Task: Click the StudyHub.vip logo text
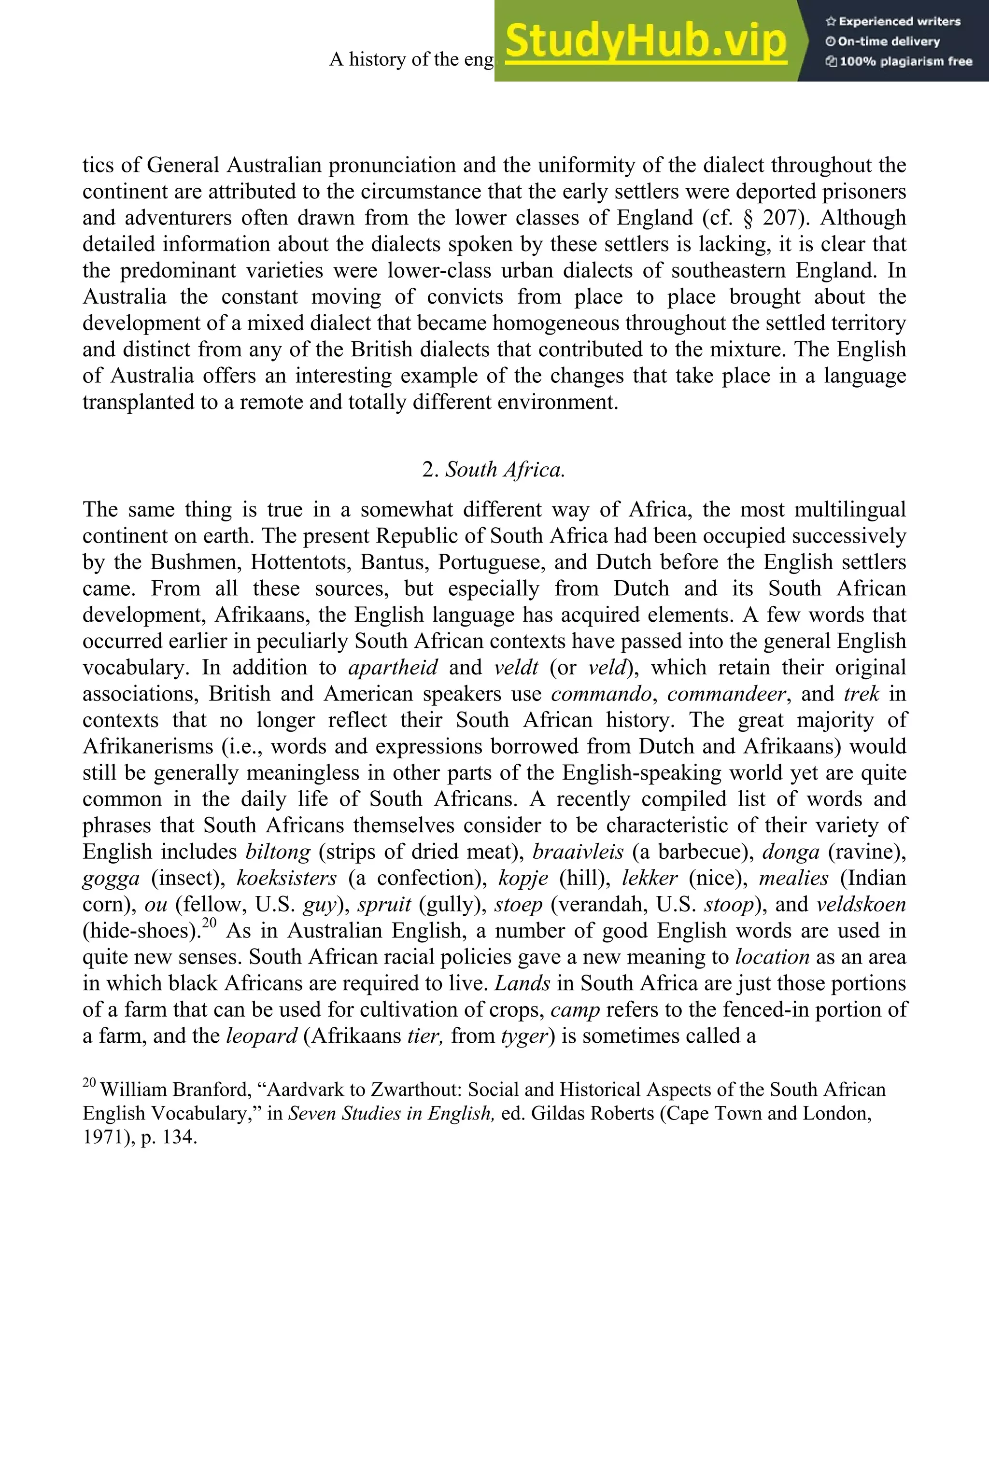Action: [x=645, y=41]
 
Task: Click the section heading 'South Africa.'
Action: [x=505, y=470]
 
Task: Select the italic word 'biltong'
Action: [x=278, y=852]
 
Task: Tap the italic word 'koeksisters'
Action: [x=287, y=878]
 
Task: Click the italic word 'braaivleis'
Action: [x=578, y=852]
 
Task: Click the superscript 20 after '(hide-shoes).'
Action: [x=210, y=923]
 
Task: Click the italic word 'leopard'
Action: [x=261, y=1036]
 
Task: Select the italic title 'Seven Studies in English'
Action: [x=390, y=1114]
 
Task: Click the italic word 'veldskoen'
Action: [x=861, y=905]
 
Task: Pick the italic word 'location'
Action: [x=772, y=957]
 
